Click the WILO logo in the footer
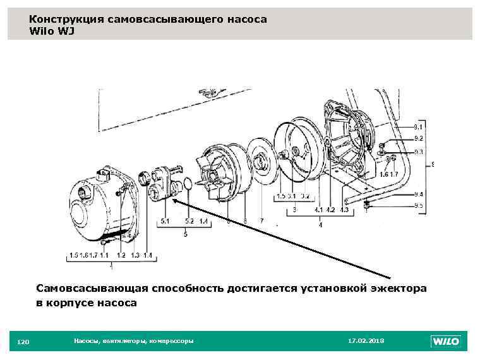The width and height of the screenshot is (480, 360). point(445,342)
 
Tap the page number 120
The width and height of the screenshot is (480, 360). point(23,342)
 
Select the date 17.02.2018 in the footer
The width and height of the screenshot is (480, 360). point(366,341)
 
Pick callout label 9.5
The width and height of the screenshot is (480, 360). point(418,205)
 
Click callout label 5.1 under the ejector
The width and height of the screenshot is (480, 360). point(165,221)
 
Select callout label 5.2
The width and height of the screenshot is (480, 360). point(189,221)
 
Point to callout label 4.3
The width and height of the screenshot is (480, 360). point(344,210)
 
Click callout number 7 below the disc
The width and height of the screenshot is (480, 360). point(261,221)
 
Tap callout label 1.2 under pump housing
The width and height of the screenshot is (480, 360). point(121,255)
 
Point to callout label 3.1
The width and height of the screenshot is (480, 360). point(291,197)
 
